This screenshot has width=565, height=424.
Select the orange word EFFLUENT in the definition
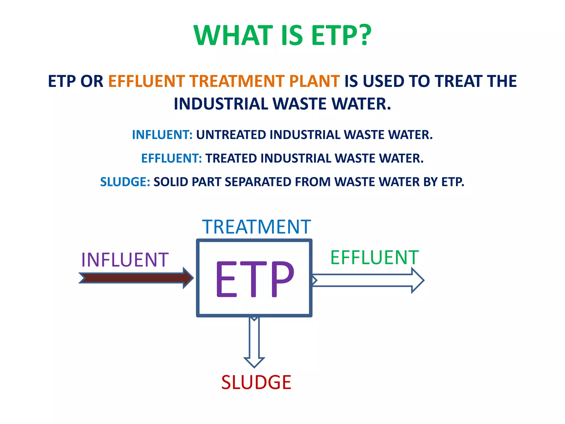pos(146,81)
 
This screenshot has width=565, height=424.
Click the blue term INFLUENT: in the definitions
pos(162,135)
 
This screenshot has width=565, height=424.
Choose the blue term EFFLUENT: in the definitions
pos(171,158)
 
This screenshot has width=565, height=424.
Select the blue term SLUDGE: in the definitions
pos(125,182)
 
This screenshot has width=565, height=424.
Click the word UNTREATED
pos(231,135)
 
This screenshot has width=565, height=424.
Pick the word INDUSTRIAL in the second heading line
pos(221,104)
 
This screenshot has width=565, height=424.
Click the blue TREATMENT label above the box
pos(256,227)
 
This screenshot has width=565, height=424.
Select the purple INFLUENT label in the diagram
pos(125,260)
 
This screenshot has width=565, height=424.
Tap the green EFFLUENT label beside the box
pos(374,258)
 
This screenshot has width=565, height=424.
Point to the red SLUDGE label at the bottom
pos(256,382)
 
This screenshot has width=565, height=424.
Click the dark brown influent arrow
pos(135,278)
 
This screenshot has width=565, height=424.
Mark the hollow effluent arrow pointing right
pos(367,280)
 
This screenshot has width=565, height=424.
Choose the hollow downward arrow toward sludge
pos(254,342)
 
